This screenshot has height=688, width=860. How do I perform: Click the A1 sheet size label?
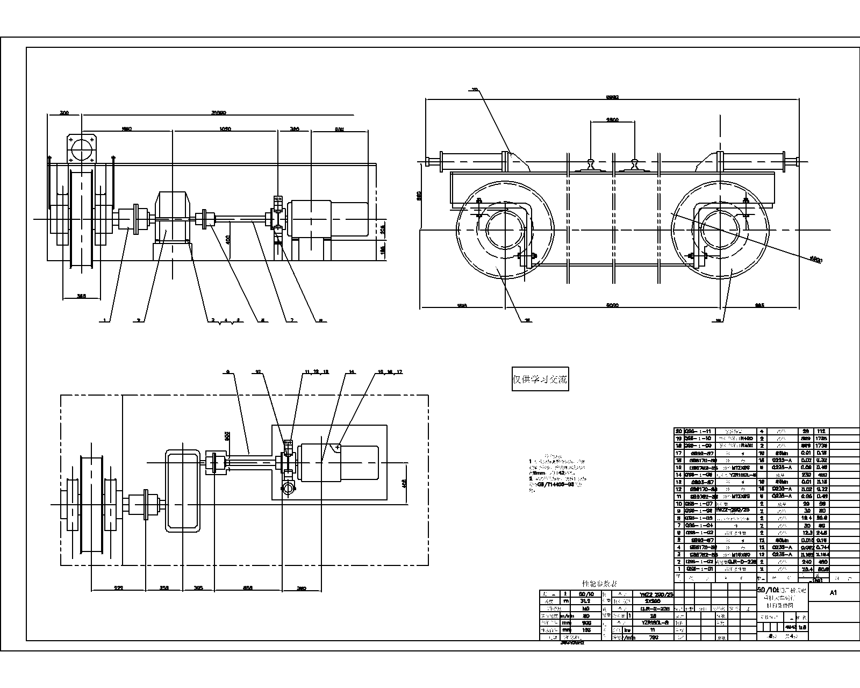click(833, 593)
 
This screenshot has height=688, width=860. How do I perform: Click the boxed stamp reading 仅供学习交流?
click(540, 379)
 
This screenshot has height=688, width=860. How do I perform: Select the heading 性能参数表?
click(599, 584)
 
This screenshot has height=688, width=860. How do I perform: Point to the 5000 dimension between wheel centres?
click(612, 305)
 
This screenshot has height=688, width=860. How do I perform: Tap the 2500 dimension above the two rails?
click(612, 119)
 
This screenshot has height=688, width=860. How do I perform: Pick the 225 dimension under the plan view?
click(118, 588)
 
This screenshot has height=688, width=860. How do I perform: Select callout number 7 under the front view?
click(291, 320)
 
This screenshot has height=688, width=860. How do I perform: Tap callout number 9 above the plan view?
click(228, 371)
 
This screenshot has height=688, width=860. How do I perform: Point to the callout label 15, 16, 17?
click(390, 371)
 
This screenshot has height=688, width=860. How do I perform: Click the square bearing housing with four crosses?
click(82, 146)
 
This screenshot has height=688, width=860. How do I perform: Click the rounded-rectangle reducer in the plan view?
click(183, 490)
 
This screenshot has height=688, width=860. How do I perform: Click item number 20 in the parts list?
click(678, 431)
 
